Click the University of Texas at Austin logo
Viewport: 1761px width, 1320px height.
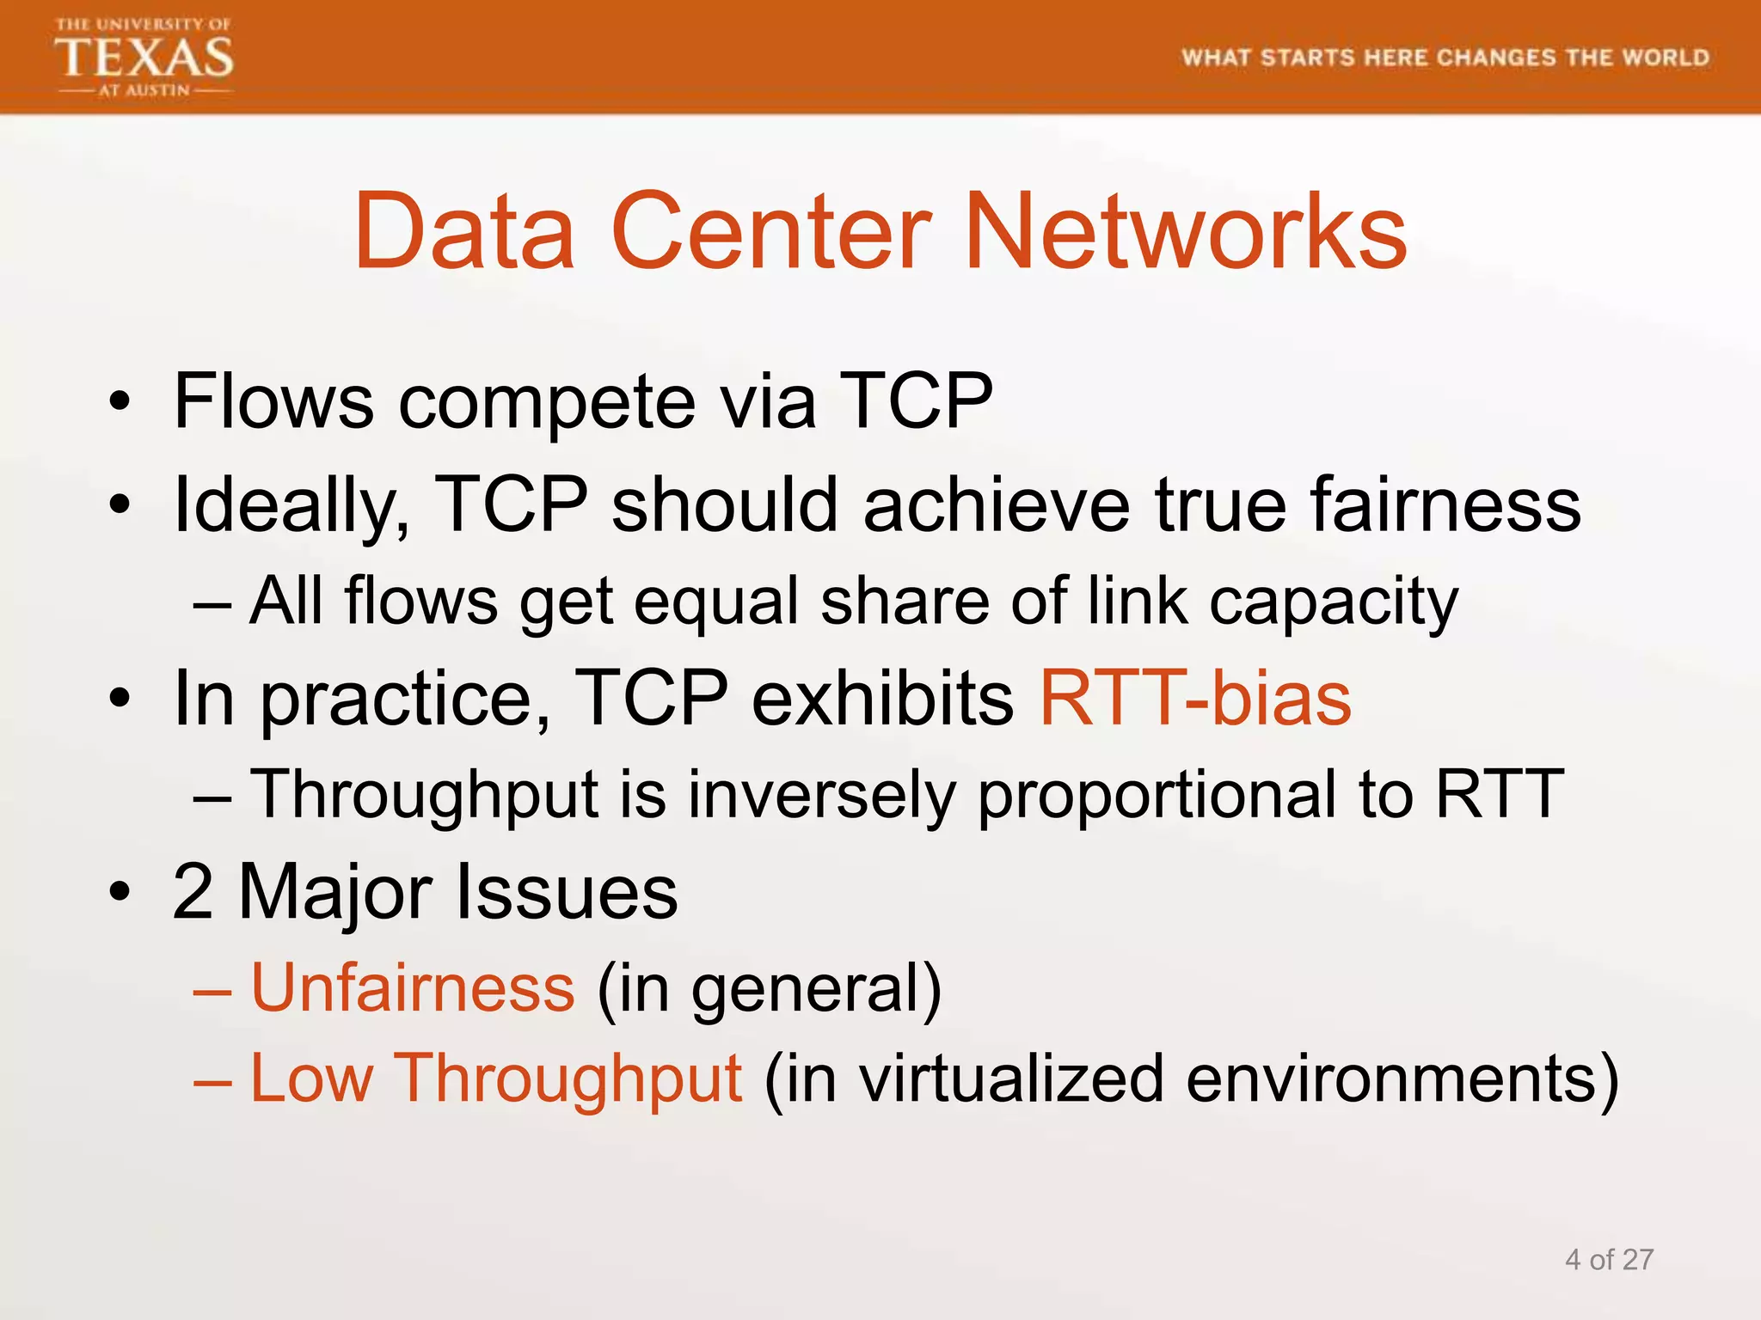click(x=144, y=58)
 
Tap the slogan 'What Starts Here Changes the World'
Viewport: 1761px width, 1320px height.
click(x=1445, y=58)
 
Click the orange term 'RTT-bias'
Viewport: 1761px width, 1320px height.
click(x=1195, y=698)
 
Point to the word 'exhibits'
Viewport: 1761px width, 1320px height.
click(x=883, y=698)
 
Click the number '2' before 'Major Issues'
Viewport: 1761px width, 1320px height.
click(x=193, y=892)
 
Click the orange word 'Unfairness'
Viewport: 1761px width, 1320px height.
click(x=413, y=988)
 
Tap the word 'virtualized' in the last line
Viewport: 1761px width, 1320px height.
click(x=1012, y=1079)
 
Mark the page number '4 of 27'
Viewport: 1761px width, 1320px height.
click(x=1609, y=1260)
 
